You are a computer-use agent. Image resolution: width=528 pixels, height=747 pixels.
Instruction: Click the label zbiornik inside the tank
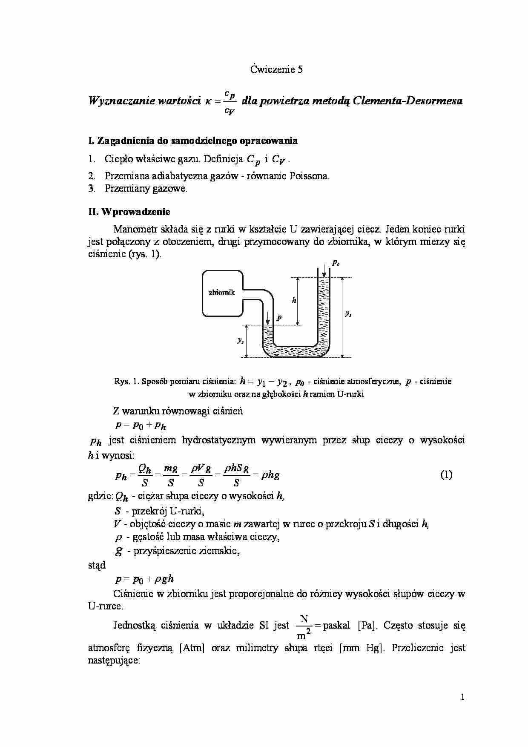click(222, 293)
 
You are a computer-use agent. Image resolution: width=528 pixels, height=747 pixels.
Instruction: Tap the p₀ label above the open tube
click(336, 264)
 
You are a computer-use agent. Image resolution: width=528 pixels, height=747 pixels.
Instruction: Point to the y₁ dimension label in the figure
click(348, 314)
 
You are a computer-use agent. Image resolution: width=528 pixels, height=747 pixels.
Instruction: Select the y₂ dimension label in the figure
click(241, 341)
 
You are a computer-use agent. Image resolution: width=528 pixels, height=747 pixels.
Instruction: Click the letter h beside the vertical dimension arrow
click(294, 300)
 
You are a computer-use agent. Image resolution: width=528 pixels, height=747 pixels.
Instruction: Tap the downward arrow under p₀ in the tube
click(324, 270)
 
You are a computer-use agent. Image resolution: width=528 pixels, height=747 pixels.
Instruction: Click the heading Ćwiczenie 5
click(276, 69)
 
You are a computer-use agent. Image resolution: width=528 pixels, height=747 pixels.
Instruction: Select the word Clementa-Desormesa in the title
click(407, 101)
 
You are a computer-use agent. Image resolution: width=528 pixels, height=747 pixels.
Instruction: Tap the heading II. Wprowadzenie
click(129, 212)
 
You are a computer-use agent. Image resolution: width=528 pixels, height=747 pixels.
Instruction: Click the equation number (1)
click(446, 475)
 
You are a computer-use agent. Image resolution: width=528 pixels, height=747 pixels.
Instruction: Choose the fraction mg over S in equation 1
click(171, 475)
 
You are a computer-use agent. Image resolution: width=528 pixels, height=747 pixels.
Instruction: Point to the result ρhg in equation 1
click(270, 475)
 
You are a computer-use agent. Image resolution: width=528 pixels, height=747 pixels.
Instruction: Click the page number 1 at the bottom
click(462, 697)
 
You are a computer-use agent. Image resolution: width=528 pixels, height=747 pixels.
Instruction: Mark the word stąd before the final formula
click(97, 565)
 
